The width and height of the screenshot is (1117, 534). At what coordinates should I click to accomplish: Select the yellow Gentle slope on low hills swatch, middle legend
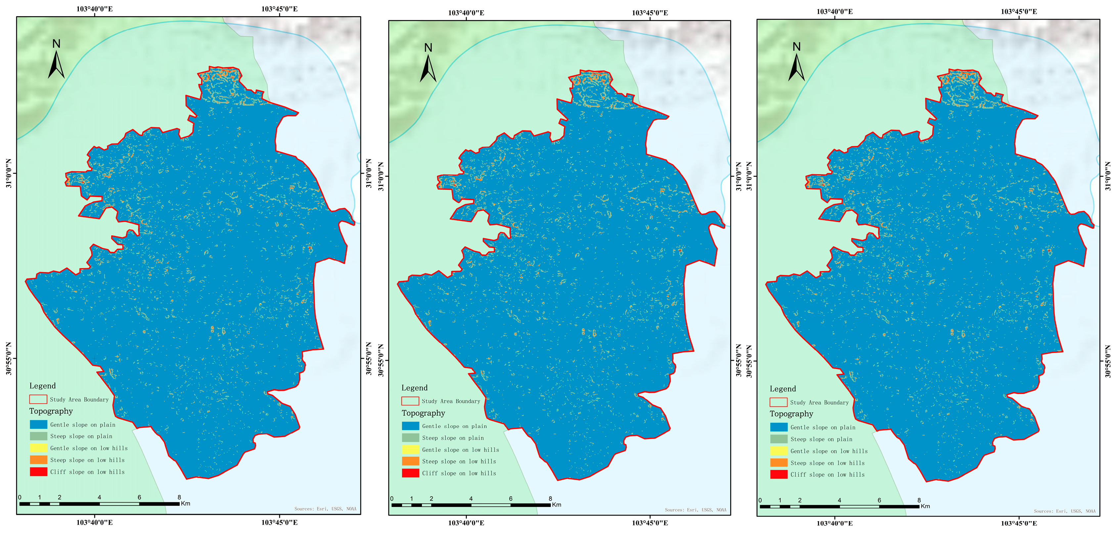[410, 449]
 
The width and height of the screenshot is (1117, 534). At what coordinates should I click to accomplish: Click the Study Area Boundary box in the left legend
[38, 399]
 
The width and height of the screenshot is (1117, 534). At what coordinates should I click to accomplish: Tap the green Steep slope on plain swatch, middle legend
[410, 438]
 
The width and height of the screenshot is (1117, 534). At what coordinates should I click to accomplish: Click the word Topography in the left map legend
[51, 411]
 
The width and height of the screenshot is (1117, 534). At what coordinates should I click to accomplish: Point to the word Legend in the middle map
[414, 388]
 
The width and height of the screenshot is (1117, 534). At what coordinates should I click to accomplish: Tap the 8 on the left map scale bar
[179, 497]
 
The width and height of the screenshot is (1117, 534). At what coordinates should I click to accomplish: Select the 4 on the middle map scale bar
[471, 499]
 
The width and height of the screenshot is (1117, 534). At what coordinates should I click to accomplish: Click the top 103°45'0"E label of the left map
[279, 9]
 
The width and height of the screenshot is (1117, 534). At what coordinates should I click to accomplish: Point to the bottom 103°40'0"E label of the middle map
[466, 523]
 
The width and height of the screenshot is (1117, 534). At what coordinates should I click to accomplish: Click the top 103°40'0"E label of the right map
[834, 11]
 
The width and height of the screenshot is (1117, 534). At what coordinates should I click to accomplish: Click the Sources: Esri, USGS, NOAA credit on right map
[1064, 511]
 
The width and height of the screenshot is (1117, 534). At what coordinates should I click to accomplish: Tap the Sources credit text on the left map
[325, 509]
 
